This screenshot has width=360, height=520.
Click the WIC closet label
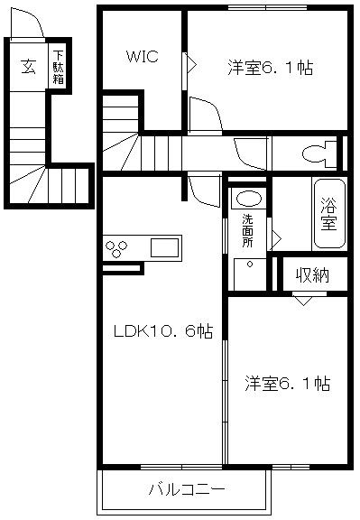(x=142, y=56)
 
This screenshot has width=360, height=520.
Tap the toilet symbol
(x=316, y=153)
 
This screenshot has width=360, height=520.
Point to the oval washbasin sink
(x=249, y=198)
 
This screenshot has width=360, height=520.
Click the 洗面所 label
(x=246, y=233)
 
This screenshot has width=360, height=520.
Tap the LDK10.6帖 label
(x=162, y=331)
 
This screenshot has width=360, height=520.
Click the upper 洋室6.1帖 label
(x=270, y=68)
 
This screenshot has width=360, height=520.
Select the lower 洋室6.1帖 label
(x=286, y=384)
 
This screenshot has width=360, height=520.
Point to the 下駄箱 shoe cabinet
(x=57, y=66)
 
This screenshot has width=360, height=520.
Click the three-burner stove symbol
(x=119, y=247)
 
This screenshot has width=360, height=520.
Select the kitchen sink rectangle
(x=165, y=247)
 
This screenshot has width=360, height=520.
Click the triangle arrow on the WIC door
(x=191, y=62)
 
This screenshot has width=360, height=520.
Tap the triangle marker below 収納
(x=303, y=299)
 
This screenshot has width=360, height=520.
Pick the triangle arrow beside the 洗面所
(x=276, y=237)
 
